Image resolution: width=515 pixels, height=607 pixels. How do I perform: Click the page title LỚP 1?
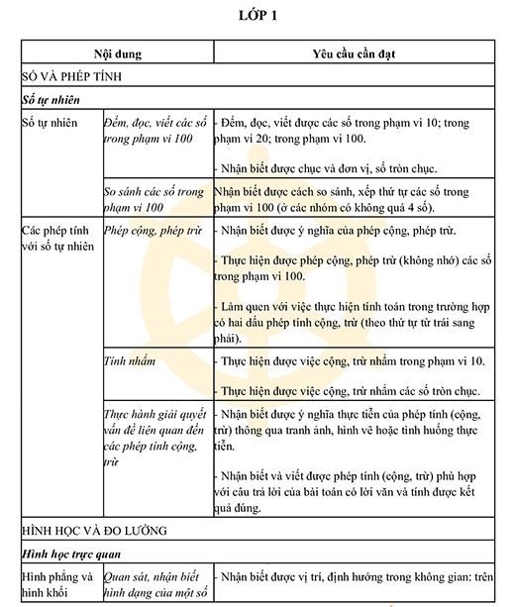click(257, 14)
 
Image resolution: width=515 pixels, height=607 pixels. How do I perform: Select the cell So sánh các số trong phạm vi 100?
click(154, 199)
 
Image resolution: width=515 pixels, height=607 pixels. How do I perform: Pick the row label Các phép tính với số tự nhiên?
click(57, 238)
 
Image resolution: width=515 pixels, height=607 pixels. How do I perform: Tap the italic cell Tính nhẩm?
click(130, 361)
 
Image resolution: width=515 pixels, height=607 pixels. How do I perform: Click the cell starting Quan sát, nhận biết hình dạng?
click(155, 584)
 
